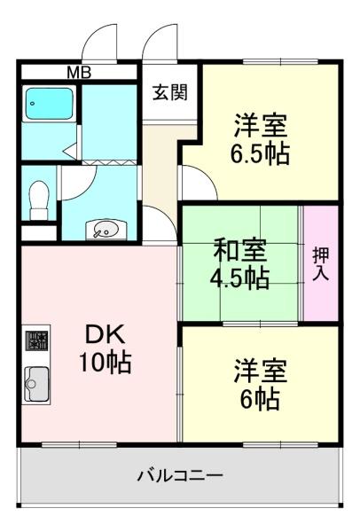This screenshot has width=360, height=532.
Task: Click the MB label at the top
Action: (78, 72)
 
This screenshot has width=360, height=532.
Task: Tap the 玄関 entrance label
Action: (168, 92)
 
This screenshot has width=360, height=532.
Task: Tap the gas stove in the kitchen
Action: (36, 340)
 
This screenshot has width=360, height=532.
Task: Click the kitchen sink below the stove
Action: (37, 384)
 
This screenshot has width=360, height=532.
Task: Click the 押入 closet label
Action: (320, 262)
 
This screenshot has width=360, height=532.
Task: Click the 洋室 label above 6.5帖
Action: (260, 123)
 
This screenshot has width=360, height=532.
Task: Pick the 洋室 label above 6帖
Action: (260, 367)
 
